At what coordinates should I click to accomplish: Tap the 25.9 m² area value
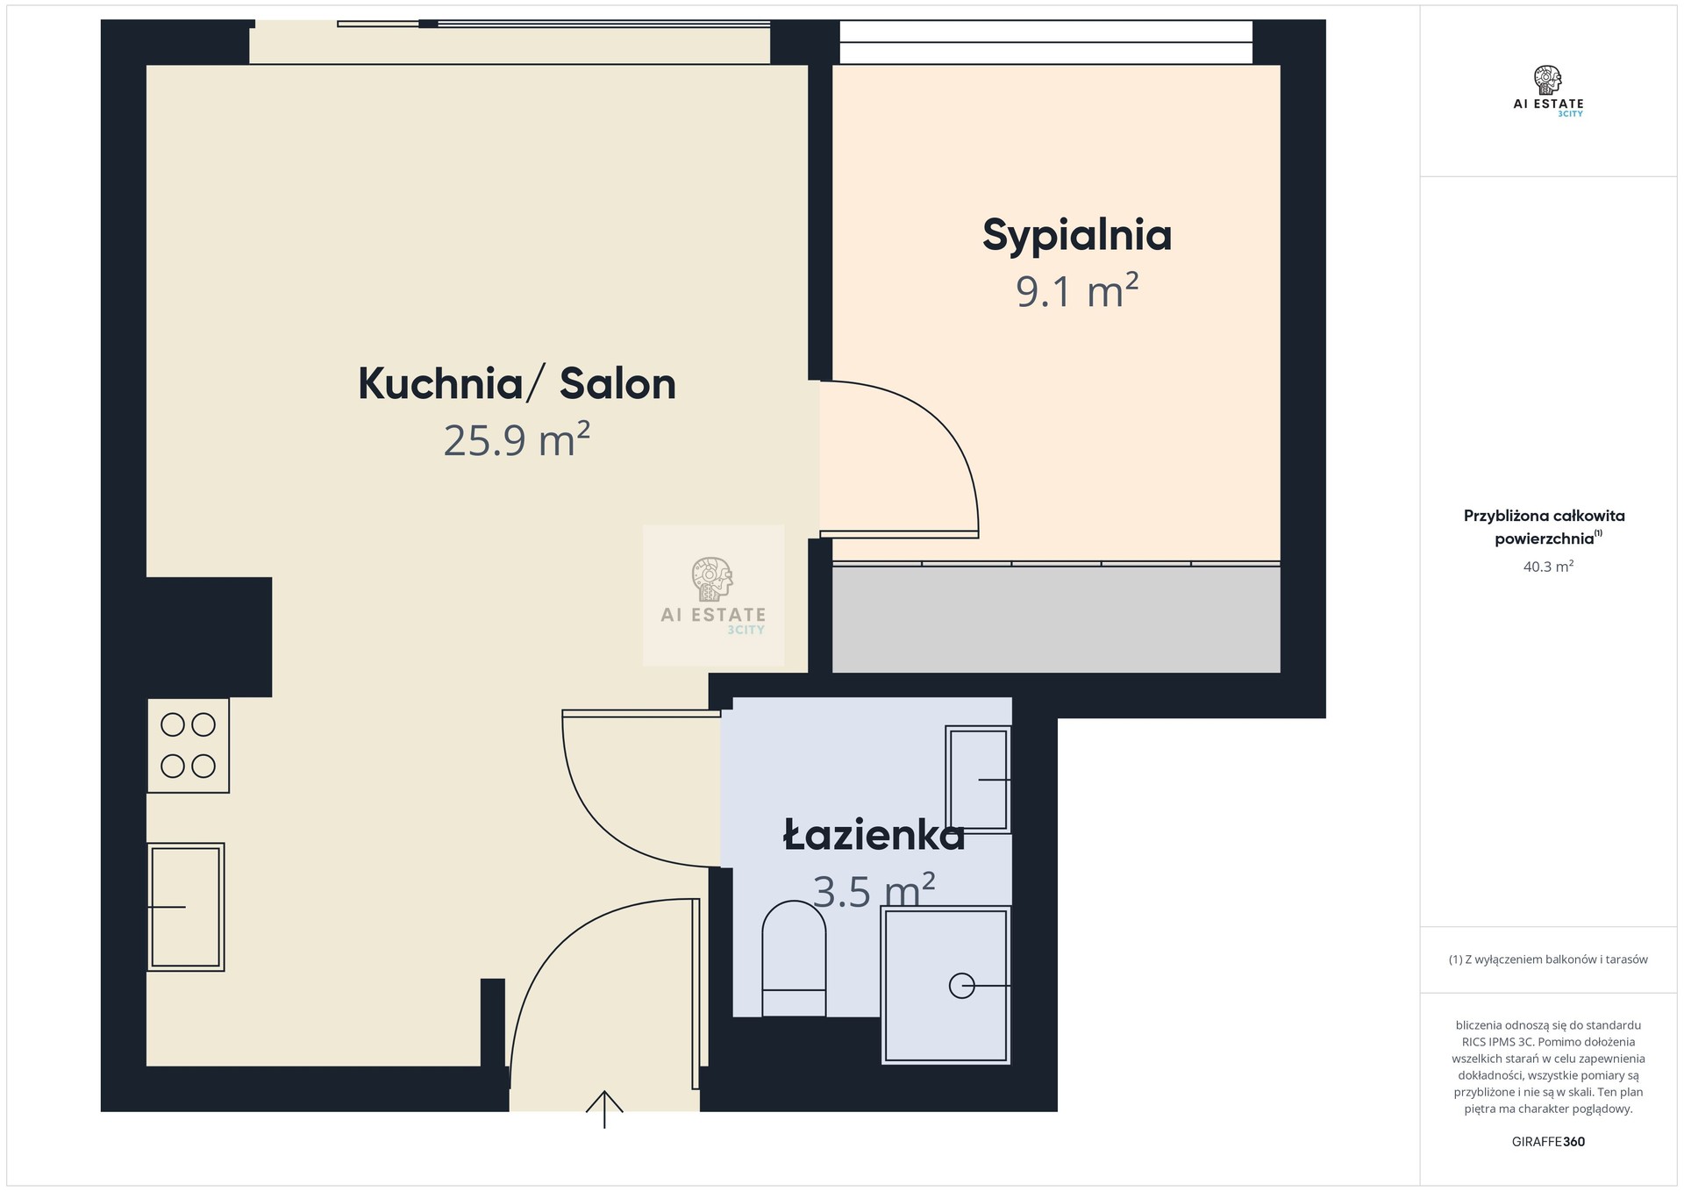[x=517, y=439]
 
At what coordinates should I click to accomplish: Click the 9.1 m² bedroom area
[x=1077, y=290]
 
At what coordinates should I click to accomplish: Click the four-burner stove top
[x=189, y=745]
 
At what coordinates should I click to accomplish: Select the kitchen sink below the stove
[x=186, y=907]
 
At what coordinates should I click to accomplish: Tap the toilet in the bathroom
[x=794, y=959]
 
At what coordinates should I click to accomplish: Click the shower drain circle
[x=962, y=986]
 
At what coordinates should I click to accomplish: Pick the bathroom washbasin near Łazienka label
[x=978, y=779]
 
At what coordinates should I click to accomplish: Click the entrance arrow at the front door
[x=604, y=1109]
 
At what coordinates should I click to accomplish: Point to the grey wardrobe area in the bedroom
[x=1056, y=619]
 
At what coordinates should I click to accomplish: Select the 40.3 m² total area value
[x=1548, y=567]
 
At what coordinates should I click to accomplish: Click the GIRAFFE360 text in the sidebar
[x=1548, y=1142]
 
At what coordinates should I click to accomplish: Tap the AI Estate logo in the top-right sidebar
[x=1548, y=91]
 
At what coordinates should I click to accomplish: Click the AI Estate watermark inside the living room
[x=713, y=595]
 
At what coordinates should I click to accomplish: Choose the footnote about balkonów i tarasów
[x=1548, y=959]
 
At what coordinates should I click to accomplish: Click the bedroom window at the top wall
[x=1046, y=42]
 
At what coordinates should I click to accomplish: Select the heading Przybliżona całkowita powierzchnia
[x=1545, y=527]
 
